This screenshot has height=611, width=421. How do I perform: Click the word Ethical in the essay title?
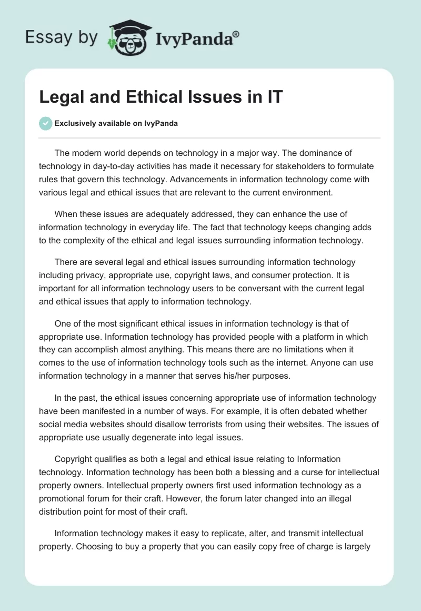145,97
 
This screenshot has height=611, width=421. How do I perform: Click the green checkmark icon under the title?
45,123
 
